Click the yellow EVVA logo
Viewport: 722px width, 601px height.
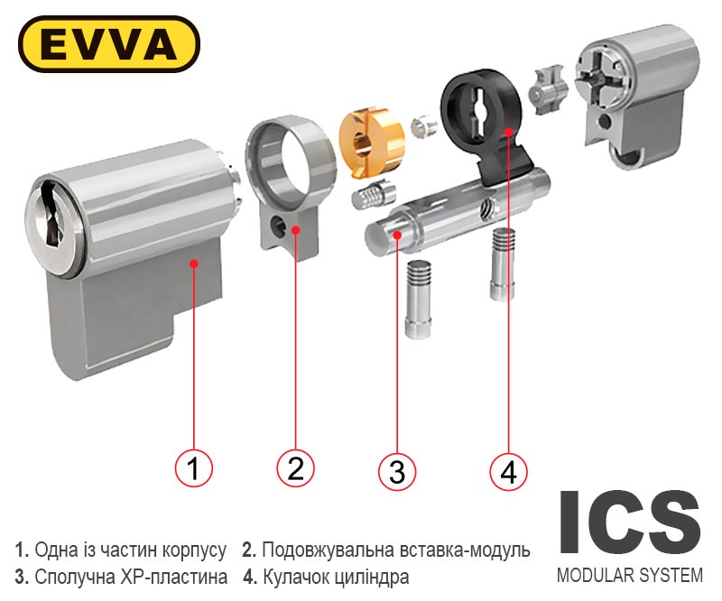[108, 44]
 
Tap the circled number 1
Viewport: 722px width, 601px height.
[193, 468]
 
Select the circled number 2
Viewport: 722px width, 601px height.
[295, 468]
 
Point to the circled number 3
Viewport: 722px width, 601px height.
[397, 472]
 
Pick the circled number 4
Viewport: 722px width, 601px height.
[508, 471]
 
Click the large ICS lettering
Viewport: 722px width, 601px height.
[630, 522]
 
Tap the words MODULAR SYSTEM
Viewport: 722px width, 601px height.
[630, 576]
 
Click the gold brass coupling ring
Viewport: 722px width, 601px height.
[371, 142]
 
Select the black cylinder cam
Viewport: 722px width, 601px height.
[487, 126]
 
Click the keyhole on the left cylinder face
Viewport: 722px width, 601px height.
[53, 216]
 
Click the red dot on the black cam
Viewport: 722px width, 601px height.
[508, 131]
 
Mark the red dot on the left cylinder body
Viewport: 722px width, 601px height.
[194, 264]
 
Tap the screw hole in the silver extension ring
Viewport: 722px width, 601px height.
[279, 226]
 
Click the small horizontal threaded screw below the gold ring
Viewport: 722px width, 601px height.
[374, 196]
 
